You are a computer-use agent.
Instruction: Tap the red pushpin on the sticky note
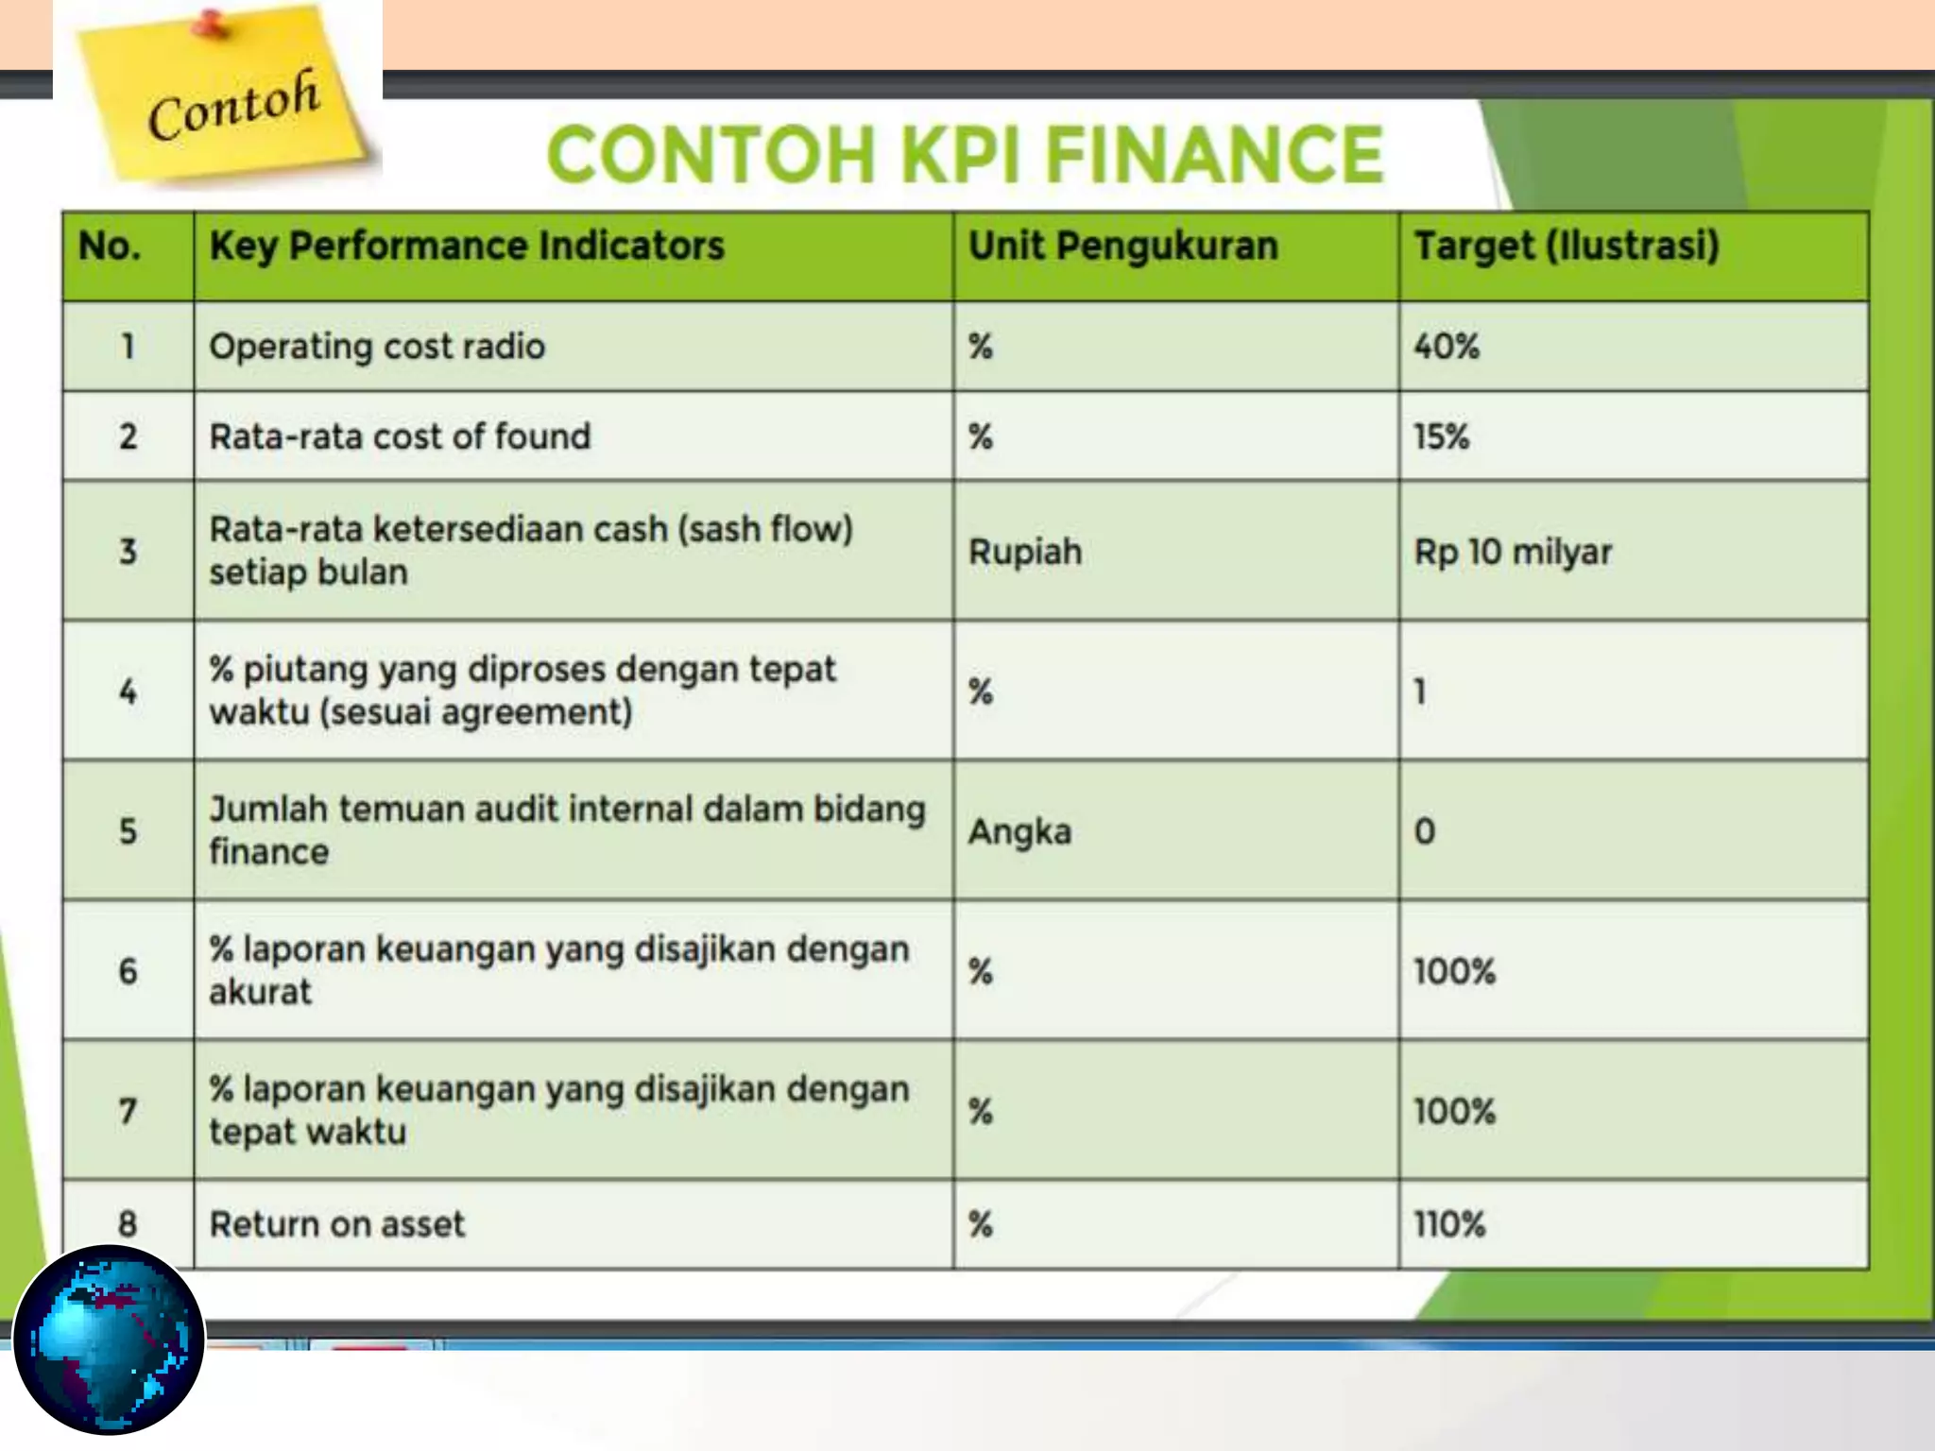coord(210,24)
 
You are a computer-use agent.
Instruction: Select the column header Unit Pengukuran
coord(1122,247)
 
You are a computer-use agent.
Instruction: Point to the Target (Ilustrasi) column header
coord(1566,247)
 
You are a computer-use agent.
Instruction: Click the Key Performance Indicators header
coord(467,247)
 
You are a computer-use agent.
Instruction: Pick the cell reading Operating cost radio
coord(377,347)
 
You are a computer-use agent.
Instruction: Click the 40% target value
coord(1446,347)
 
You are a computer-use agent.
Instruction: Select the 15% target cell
coord(1441,436)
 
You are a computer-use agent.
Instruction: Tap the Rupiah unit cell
coord(1025,552)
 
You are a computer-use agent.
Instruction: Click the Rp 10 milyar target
coord(1513,552)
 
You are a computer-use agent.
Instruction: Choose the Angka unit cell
coord(1019,831)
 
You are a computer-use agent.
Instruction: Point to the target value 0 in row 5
coord(1424,831)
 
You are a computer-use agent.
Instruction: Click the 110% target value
coord(1449,1224)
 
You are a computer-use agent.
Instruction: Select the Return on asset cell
coord(337,1224)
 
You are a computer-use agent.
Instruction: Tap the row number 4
coord(128,691)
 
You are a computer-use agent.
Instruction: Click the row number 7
coord(128,1111)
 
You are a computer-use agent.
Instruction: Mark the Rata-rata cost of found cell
coord(400,436)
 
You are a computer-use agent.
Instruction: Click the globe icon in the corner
coord(110,1340)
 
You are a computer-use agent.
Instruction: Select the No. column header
coord(110,247)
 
